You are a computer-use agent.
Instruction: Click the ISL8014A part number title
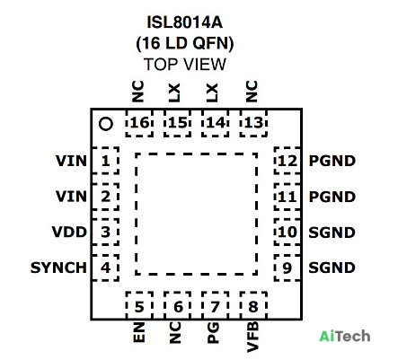pos(184,22)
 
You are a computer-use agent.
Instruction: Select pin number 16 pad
pos(139,123)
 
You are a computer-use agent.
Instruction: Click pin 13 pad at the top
pos(253,123)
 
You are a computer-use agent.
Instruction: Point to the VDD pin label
pos(69,232)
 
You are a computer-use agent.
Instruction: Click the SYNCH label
pos(58,268)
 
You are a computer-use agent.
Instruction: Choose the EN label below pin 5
pos(139,332)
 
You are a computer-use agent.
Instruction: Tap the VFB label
pos(252,337)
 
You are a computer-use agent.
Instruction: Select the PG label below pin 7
pos(213,333)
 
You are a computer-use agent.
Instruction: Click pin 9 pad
pos(287,268)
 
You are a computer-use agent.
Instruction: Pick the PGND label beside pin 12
pos(332,161)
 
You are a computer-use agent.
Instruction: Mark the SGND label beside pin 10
pos(332,233)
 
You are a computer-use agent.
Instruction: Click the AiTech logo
pos(345,336)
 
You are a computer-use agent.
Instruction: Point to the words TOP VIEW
pos(185,65)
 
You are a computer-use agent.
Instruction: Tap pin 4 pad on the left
pos(105,268)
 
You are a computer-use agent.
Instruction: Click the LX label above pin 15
pos(174,92)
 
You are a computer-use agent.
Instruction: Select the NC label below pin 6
pos(175,332)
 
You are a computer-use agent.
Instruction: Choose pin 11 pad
pos(287,197)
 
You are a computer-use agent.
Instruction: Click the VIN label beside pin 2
pos(71,197)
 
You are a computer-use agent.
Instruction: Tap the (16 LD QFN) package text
pos(185,43)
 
